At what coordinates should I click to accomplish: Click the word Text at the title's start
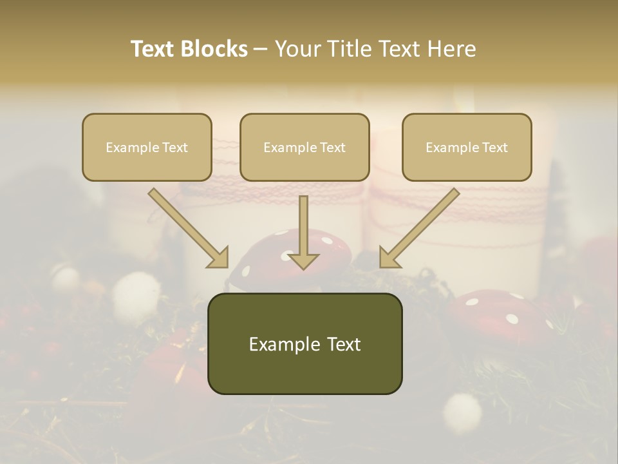point(154,49)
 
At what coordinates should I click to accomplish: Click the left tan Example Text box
point(147,148)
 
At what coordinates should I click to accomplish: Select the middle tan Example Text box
point(304,148)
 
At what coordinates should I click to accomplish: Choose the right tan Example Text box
point(467,148)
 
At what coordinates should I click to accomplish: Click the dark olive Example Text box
point(304,344)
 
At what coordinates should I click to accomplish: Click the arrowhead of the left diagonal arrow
point(219,257)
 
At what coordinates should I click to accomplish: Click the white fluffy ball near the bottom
point(462,411)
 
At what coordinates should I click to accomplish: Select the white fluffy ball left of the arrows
point(136,293)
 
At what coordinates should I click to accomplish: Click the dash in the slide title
point(261,49)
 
